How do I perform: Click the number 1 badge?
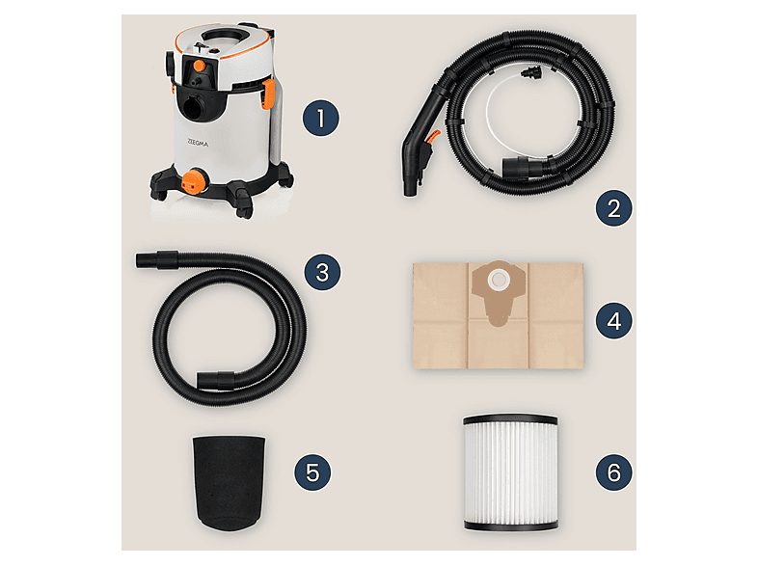[321, 118]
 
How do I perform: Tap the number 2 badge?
[613, 208]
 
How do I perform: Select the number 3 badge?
[322, 272]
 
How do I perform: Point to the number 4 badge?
[613, 320]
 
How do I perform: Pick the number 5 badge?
[312, 472]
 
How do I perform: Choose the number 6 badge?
[613, 472]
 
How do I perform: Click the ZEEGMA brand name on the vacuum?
[198, 143]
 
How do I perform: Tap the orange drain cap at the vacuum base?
[196, 181]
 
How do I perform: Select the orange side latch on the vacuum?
[269, 94]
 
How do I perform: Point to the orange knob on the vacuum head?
[199, 66]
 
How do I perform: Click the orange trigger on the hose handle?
[434, 136]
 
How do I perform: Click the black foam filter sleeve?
[229, 481]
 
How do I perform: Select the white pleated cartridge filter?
[510, 472]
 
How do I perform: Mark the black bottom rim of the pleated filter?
[510, 525]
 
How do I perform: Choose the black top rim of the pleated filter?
[510, 418]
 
